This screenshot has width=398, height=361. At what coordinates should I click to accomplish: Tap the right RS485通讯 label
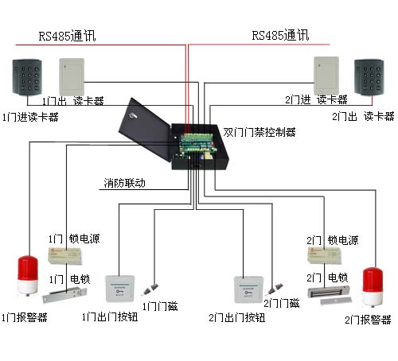(x=279, y=36)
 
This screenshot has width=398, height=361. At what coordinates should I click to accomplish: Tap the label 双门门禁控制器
(x=259, y=132)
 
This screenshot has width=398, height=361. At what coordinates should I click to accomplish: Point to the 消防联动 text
(x=125, y=183)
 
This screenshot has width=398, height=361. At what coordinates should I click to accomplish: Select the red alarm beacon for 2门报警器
(x=373, y=287)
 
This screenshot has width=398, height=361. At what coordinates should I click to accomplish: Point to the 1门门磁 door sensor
(x=158, y=285)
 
